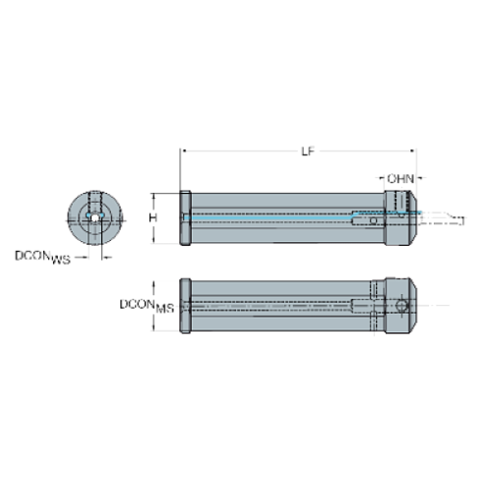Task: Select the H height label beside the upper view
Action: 151,217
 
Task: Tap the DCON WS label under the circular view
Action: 45,258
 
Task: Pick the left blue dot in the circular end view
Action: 86,217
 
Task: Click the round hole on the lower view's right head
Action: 400,307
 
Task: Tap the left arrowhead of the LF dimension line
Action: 183,151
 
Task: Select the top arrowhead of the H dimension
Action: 163,193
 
